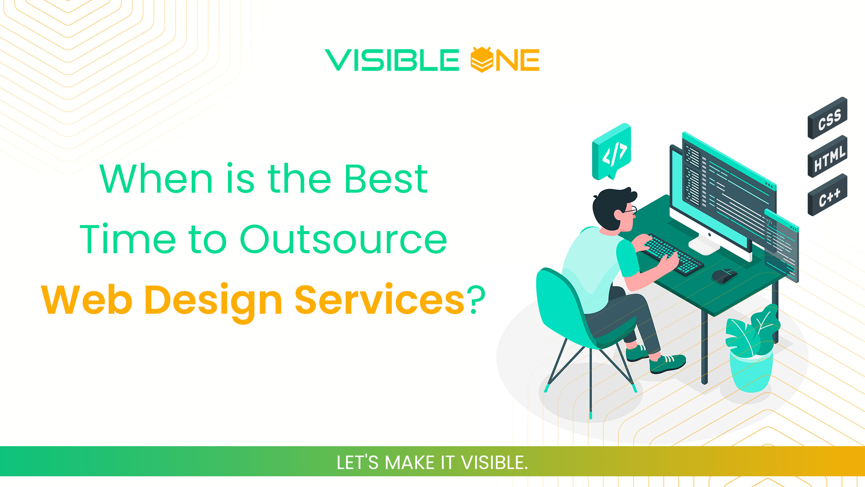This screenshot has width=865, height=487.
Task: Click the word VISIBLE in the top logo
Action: [x=392, y=60]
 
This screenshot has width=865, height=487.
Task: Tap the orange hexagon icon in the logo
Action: [x=481, y=59]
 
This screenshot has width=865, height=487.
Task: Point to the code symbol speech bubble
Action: [x=612, y=152]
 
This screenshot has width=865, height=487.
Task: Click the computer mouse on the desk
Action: [x=724, y=276]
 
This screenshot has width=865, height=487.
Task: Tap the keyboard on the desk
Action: [x=673, y=255]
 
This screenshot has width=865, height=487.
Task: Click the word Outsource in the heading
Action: [x=343, y=240]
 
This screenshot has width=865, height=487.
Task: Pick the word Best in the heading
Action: [x=386, y=179]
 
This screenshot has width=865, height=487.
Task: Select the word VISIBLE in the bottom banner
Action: [x=494, y=463]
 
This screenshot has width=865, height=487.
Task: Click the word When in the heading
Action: [x=156, y=179]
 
